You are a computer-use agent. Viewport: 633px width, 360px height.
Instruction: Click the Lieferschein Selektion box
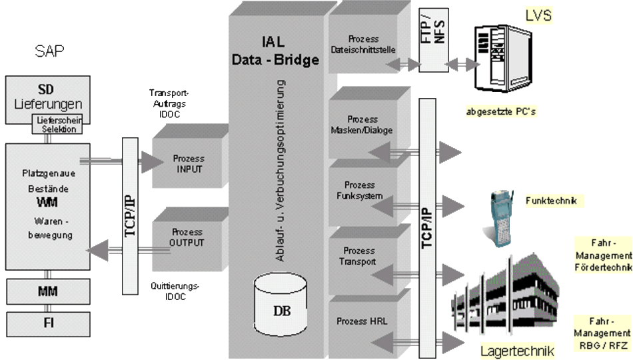[58, 123]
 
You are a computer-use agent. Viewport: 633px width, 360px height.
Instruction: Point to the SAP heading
[49, 51]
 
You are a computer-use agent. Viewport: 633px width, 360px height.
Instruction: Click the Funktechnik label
[550, 200]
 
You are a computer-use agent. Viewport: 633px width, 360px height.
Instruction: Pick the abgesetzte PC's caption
[501, 111]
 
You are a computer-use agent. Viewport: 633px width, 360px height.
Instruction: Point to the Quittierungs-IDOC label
[176, 291]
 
